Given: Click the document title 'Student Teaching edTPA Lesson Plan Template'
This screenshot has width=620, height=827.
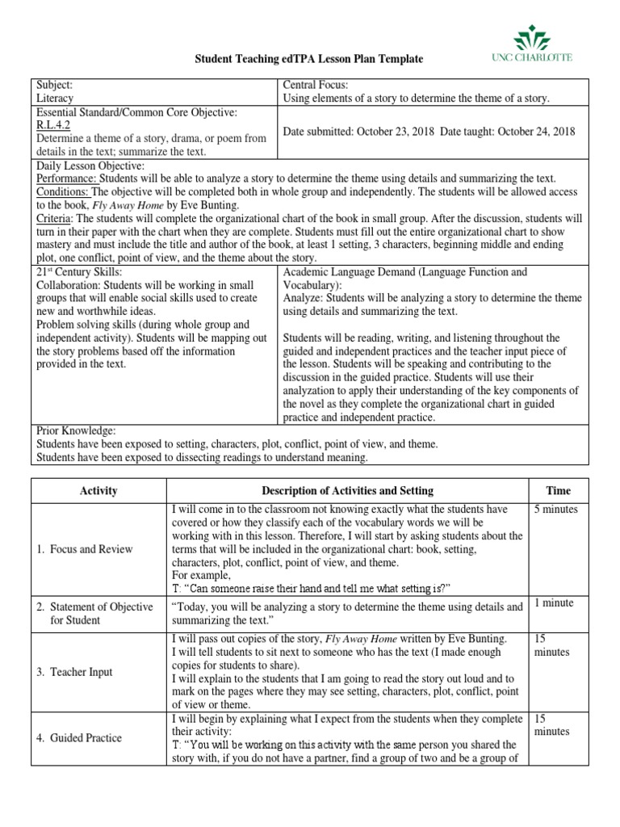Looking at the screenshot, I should tap(310, 60).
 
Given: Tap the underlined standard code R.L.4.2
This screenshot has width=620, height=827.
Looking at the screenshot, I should tap(54, 125).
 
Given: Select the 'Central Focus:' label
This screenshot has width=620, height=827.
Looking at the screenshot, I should tap(314, 85).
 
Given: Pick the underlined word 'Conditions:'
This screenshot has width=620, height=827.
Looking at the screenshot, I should tap(64, 191).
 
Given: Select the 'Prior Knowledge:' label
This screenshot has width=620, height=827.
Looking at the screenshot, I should tap(76, 430).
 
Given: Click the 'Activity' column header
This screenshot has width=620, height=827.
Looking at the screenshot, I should tap(98, 490).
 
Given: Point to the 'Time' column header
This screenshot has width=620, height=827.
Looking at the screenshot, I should tap(558, 490).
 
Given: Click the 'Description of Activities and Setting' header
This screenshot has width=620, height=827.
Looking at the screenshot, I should tap(347, 490).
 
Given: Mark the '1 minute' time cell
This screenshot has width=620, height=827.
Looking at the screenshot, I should tap(554, 603).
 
